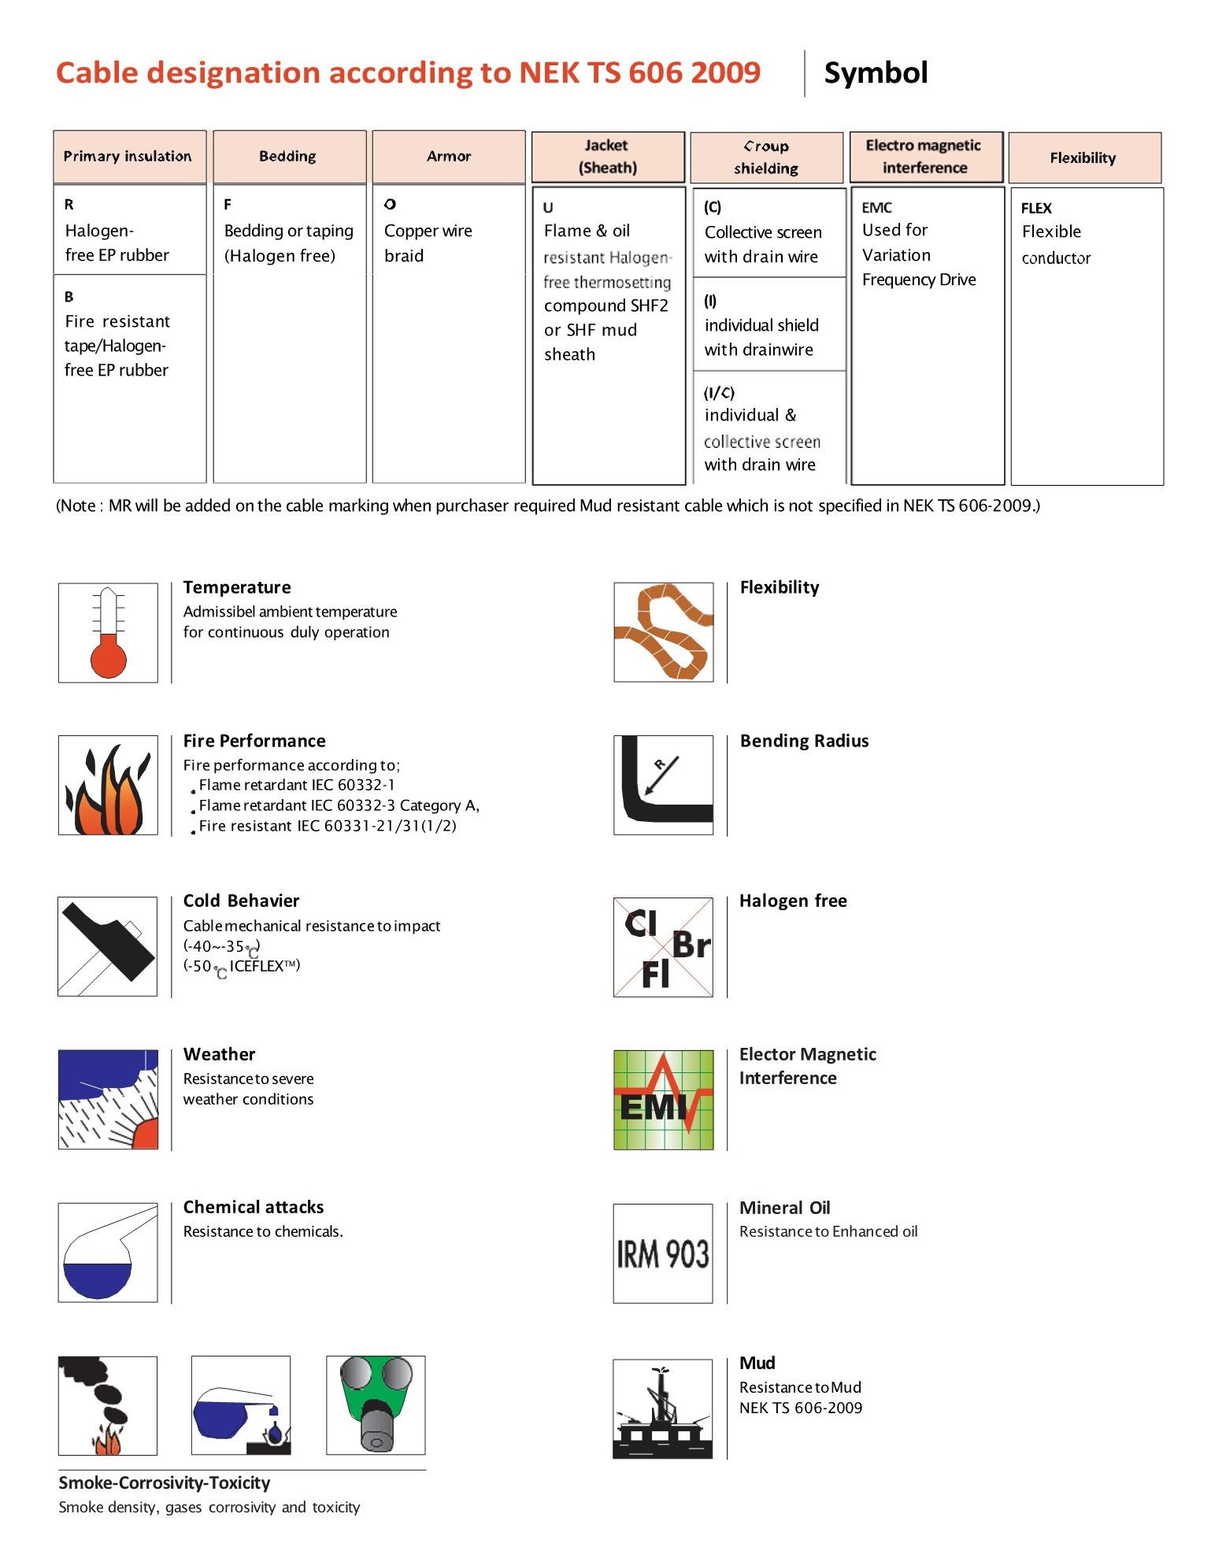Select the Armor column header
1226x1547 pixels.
pyautogui.click(x=448, y=157)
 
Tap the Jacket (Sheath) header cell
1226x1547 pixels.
pyautogui.click(x=607, y=157)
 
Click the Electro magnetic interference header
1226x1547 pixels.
pyautogui.click(x=924, y=157)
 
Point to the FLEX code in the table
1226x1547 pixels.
pyautogui.click(x=1036, y=208)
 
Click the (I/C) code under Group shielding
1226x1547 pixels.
pyautogui.click(x=719, y=393)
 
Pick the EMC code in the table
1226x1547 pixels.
pyautogui.click(x=876, y=208)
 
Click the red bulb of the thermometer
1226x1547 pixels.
pyautogui.click(x=109, y=657)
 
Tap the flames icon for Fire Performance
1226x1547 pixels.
pyautogui.click(x=108, y=786)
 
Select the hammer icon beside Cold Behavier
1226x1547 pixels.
pyautogui.click(x=108, y=946)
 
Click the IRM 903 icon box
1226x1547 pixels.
pyautogui.click(x=663, y=1253)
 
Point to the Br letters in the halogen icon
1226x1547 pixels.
pyautogui.click(x=691, y=946)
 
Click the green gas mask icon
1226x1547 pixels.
pyautogui.click(x=376, y=1405)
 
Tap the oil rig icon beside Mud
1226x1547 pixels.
pyautogui.click(x=663, y=1409)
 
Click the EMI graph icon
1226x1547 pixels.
pyautogui.click(x=663, y=1100)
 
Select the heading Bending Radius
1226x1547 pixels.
pyautogui.click(x=804, y=741)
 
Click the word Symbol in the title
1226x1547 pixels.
pyautogui.click(x=876, y=73)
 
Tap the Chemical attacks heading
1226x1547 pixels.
pyautogui.click(x=254, y=1207)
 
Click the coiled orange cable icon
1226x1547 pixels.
pyautogui.click(x=663, y=632)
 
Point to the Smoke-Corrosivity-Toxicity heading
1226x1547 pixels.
pyautogui.click(x=164, y=1482)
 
